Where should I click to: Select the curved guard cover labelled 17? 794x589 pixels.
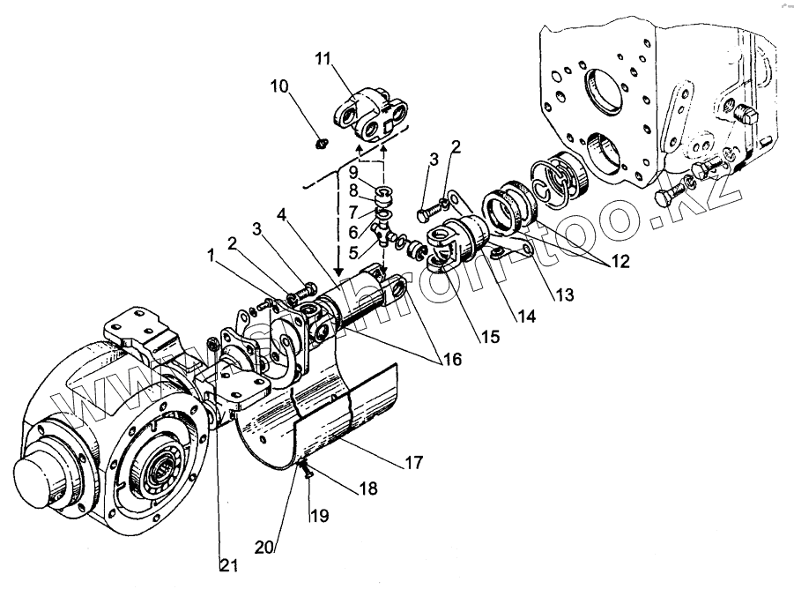(x=344, y=423)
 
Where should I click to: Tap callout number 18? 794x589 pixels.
(x=366, y=491)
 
